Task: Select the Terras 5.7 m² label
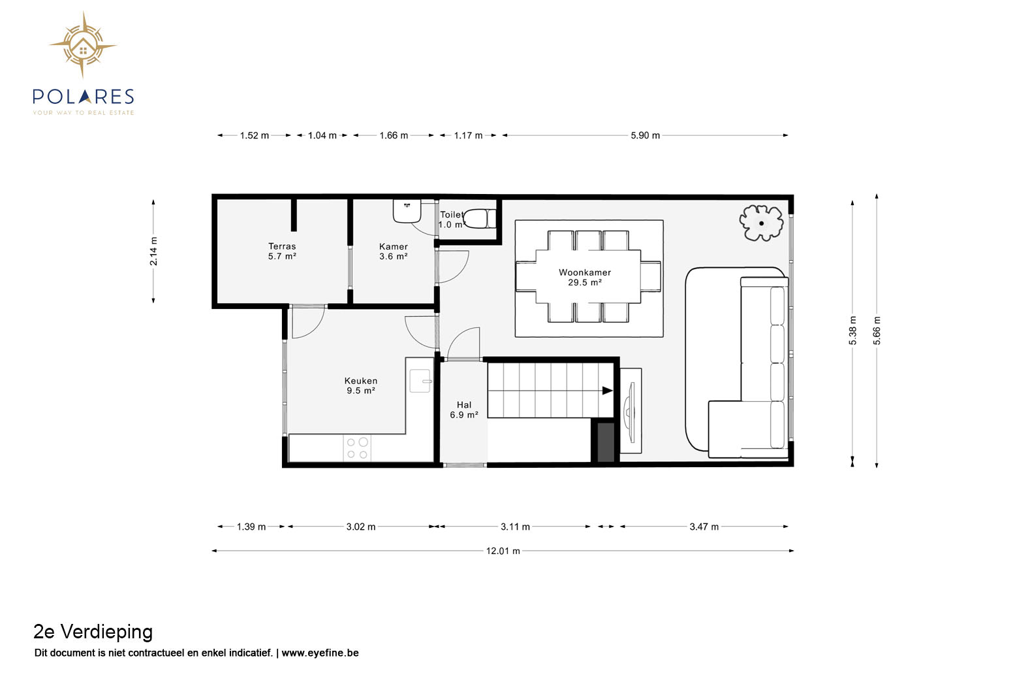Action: [282, 251]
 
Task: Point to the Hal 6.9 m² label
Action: [464, 409]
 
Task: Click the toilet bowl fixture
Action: [480, 219]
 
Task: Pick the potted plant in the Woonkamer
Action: [761, 223]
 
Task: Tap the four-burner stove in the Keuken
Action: [357, 448]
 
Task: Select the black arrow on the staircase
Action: [608, 391]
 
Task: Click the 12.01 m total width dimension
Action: [503, 551]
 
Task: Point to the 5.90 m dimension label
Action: [645, 135]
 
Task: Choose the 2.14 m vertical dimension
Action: [153, 252]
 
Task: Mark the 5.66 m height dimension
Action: [877, 331]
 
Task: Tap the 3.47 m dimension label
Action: [704, 527]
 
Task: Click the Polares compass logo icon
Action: [83, 44]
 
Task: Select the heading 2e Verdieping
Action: [93, 632]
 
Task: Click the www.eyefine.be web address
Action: [320, 653]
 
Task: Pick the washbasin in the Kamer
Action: [407, 211]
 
